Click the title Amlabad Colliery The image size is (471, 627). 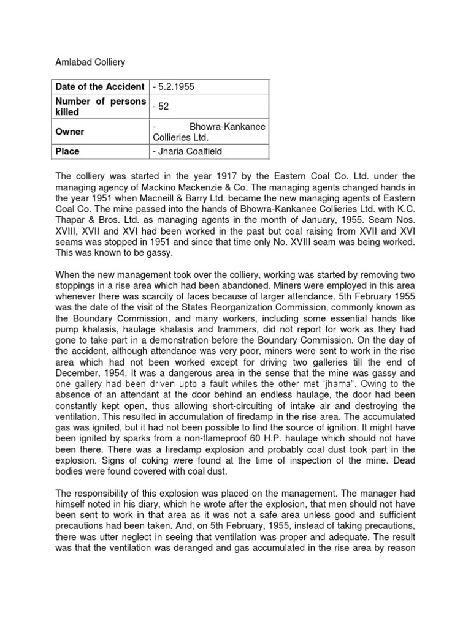pyautogui.click(x=90, y=62)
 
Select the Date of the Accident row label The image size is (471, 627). pyautogui.click(x=100, y=87)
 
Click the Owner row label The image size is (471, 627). pyautogui.click(x=70, y=132)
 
